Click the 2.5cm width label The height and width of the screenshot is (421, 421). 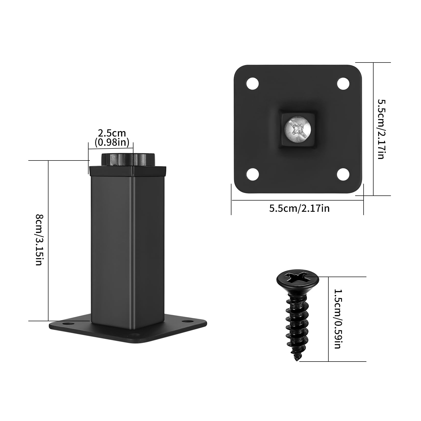(x=112, y=133)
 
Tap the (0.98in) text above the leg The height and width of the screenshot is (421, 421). (x=112, y=142)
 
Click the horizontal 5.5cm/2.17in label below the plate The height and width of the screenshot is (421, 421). (x=299, y=208)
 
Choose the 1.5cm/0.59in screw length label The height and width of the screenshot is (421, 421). (x=337, y=319)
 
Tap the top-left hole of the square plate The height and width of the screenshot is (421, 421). (x=253, y=83)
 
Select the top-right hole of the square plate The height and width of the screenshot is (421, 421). (x=343, y=83)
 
